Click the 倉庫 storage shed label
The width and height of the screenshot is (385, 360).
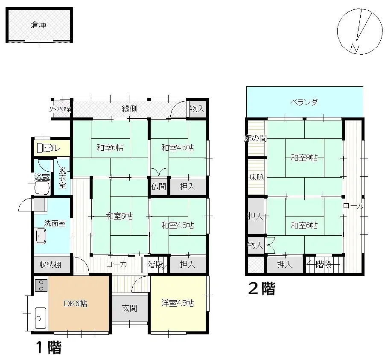(x=39, y=25)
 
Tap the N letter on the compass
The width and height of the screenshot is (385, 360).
(x=354, y=47)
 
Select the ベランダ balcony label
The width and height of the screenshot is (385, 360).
(x=304, y=102)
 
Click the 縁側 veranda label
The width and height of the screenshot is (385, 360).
(x=129, y=109)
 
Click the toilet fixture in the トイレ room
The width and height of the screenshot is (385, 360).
(x=41, y=148)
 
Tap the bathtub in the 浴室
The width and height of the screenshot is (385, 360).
(x=42, y=186)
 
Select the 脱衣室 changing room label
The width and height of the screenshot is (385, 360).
(x=62, y=178)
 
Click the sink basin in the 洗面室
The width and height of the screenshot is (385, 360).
(x=41, y=235)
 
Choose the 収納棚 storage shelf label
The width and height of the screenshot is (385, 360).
(x=50, y=265)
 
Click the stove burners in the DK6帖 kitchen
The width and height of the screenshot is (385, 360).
(x=41, y=285)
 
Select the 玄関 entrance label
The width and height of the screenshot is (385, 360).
(x=130, y=308)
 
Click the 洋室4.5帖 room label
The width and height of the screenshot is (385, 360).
(x=178, y=304)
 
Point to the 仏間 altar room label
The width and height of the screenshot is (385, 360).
(x=158, y=186)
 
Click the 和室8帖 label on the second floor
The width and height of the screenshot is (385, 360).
(x=304, y=158)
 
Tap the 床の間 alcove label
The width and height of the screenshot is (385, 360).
(x=256, y=139)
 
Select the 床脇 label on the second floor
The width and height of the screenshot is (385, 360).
(x=256, y=177)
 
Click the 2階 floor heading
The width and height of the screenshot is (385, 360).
(x=262, y=289)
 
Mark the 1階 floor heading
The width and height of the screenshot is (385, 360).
(x=48, y=348)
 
